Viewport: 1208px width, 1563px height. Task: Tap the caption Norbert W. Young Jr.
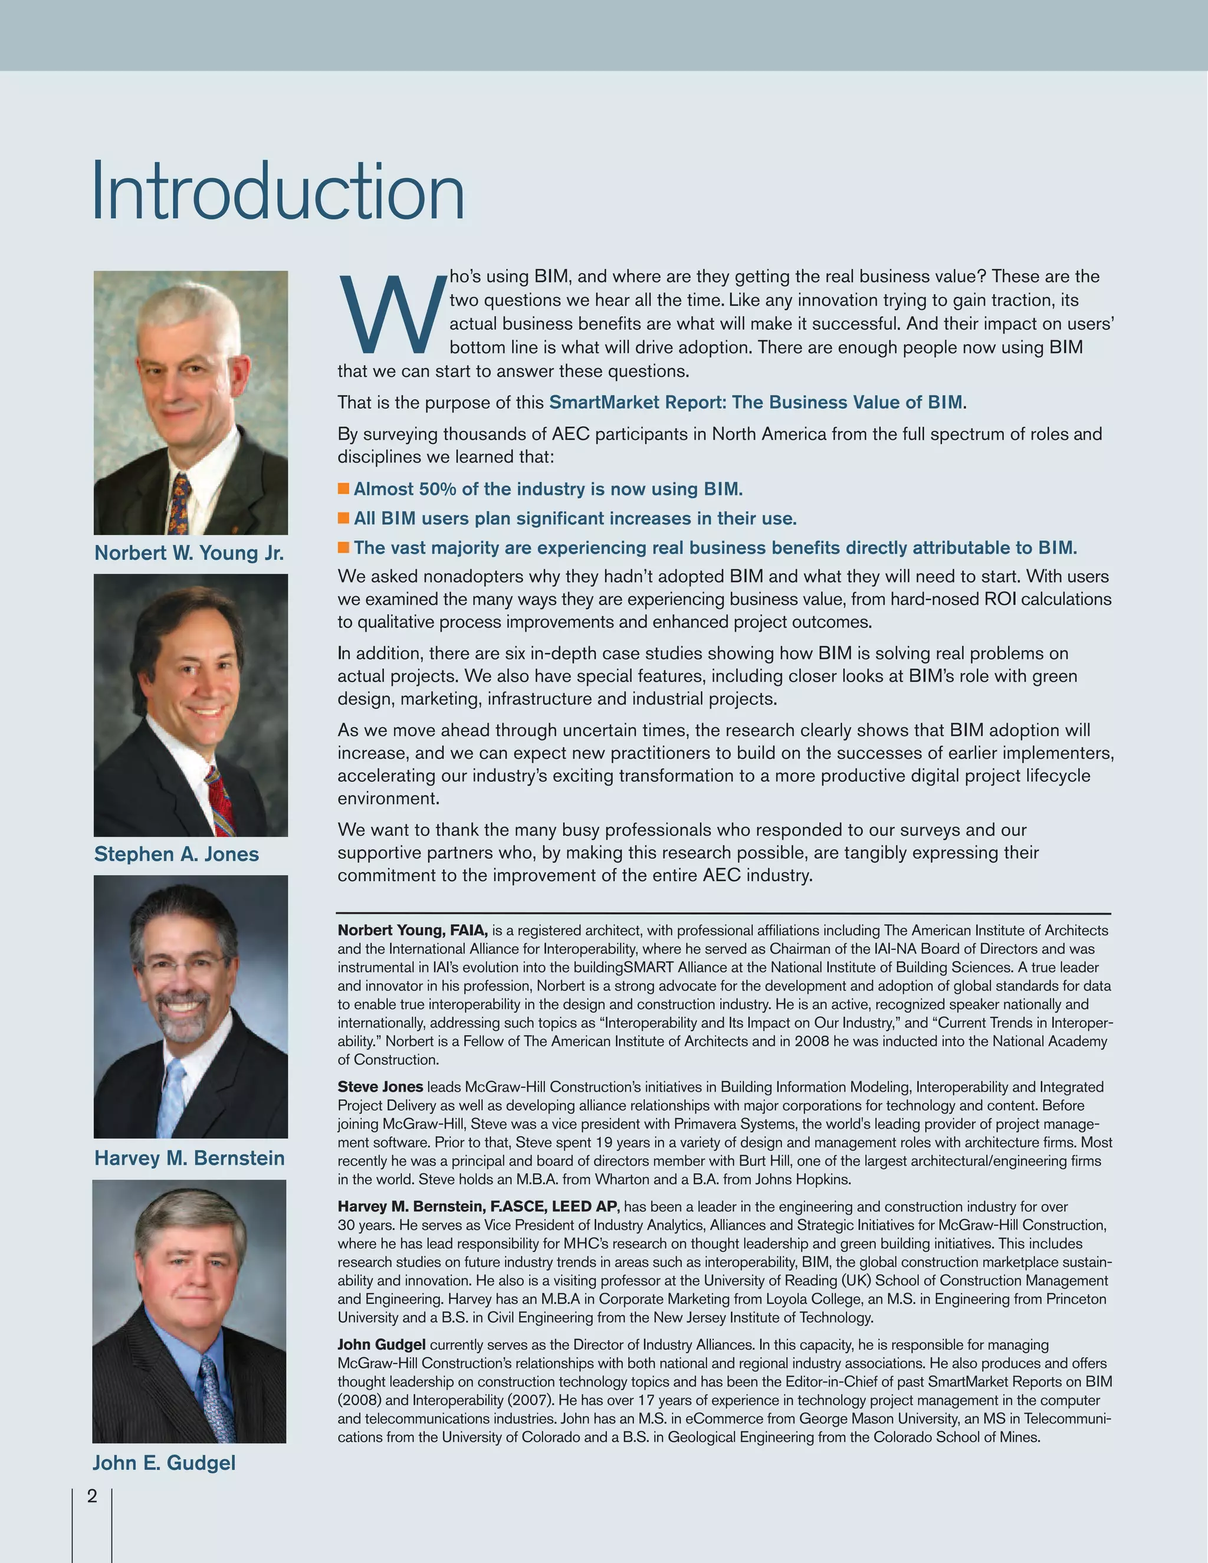(189, 553)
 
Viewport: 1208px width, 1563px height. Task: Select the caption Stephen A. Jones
(176, 855)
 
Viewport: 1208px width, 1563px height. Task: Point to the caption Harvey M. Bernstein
(189, 1158)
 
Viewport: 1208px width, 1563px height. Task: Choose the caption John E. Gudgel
(164, 1463)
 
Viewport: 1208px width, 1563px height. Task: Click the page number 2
(91, 1496)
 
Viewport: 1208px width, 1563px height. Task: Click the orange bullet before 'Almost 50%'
(343, 489)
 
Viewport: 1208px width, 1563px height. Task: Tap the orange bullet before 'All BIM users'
(343, 518)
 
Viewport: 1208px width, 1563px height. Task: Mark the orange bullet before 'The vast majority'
(343, 547)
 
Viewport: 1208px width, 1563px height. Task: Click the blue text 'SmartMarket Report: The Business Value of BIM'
(756, 402)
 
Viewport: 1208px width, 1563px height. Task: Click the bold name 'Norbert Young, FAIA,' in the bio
(413, 930)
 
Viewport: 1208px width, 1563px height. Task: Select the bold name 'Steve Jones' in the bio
(380, 1087)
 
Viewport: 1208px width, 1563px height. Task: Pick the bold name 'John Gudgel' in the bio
(382, 1345)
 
